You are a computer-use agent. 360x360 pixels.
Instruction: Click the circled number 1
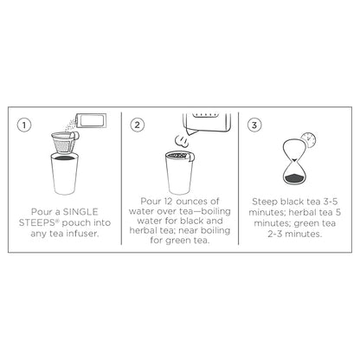[x=24, y=125]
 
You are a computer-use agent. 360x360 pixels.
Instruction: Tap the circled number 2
[x=138, y=125]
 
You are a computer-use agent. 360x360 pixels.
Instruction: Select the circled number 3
[x=254, y=125]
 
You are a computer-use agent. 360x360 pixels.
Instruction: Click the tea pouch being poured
[x=91, y=120]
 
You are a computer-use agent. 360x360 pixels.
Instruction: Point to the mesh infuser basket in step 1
[x=64, y=143]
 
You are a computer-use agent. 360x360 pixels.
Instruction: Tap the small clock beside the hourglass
[x=308, y=140]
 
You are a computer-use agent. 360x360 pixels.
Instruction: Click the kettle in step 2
[x=207, y=123]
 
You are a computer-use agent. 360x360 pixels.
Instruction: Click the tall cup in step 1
[x=64, y=174]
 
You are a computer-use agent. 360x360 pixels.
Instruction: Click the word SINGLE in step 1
[x=80, y=212]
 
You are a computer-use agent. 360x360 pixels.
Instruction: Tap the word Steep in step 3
[x=265, y=202]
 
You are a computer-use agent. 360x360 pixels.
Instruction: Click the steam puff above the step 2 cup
[x=182, y=140]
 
